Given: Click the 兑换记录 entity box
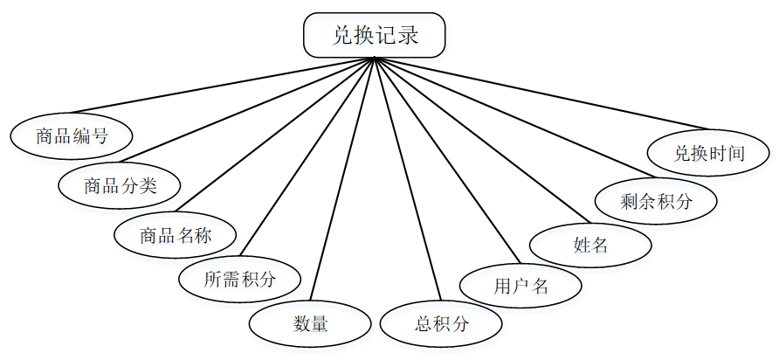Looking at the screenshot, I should click(375, 35).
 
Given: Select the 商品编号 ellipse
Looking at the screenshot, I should click(72, 135).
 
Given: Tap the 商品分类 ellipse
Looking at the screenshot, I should click(120, 184).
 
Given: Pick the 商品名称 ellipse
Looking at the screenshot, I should click(176, 234).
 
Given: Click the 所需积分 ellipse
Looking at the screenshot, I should click(239, 280).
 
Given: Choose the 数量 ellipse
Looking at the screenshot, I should click(310, 324).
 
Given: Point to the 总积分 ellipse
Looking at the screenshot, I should click(441, 324).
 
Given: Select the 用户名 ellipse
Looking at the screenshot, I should click(520, 285).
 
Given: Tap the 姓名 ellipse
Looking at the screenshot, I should click(590, 245).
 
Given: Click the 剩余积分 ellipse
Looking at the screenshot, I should click(656, 201).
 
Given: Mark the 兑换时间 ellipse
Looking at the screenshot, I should click(708, 153).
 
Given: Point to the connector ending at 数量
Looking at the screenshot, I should click(343, 179).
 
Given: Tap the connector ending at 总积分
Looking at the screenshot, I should click(405, 179).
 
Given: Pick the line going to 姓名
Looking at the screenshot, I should click(480, 140).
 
